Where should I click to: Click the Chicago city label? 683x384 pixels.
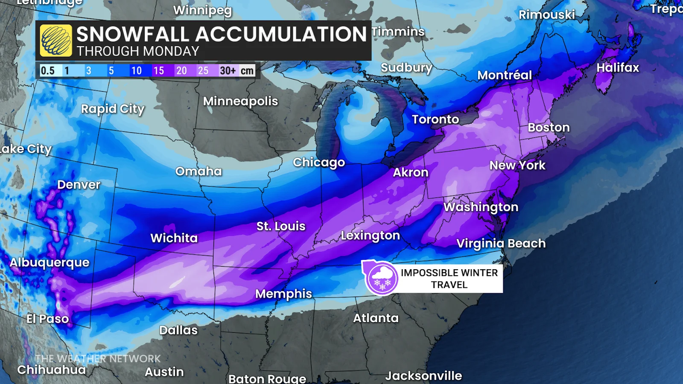point(319,163)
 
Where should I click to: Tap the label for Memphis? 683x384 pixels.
point(283,294)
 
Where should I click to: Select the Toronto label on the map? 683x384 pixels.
point(435,119)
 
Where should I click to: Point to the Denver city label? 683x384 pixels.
point(79,185)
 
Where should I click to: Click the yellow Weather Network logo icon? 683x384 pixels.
point(56,41)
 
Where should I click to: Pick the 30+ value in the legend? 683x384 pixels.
point(228,70)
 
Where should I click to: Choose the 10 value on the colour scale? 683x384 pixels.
point(136,70)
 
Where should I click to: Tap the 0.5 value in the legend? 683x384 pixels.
point(47,70)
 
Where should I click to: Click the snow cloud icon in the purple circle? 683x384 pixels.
point(382,278)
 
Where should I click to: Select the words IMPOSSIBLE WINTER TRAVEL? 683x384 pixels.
point(449,279)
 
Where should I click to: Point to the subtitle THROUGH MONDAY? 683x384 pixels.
point(138,52)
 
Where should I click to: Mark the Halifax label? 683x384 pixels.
point(618,68)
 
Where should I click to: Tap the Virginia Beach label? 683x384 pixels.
point(501,244)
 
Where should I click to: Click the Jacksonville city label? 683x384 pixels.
point(423,376)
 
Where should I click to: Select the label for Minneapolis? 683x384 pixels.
point(240,102)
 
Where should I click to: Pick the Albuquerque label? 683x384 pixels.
point(50,263)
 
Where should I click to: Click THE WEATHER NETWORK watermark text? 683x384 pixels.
point(98,359)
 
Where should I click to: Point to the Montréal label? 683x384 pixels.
point(505,76)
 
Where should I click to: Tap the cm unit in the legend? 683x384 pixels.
point(247,70)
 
